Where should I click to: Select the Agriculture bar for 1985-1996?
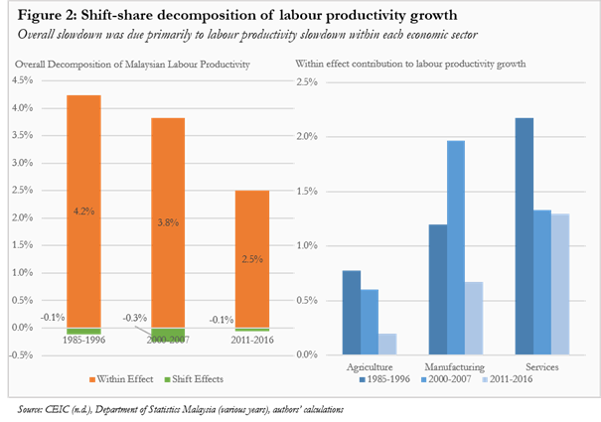pyautogui.click(x=351, y=312)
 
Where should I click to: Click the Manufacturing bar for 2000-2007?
pyautogui.click(x=455, y=247)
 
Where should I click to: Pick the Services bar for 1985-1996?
pyautogui.click(x=524, y=235)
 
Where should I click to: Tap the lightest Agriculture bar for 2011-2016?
pyautogui.click(x=387, y=344)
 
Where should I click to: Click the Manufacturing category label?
pyautogui.click(x=455, y=366)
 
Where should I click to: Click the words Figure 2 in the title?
pyautogui.click(x=44, y=15)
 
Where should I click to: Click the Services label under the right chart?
pyautogui.click(x=540, y=366)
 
